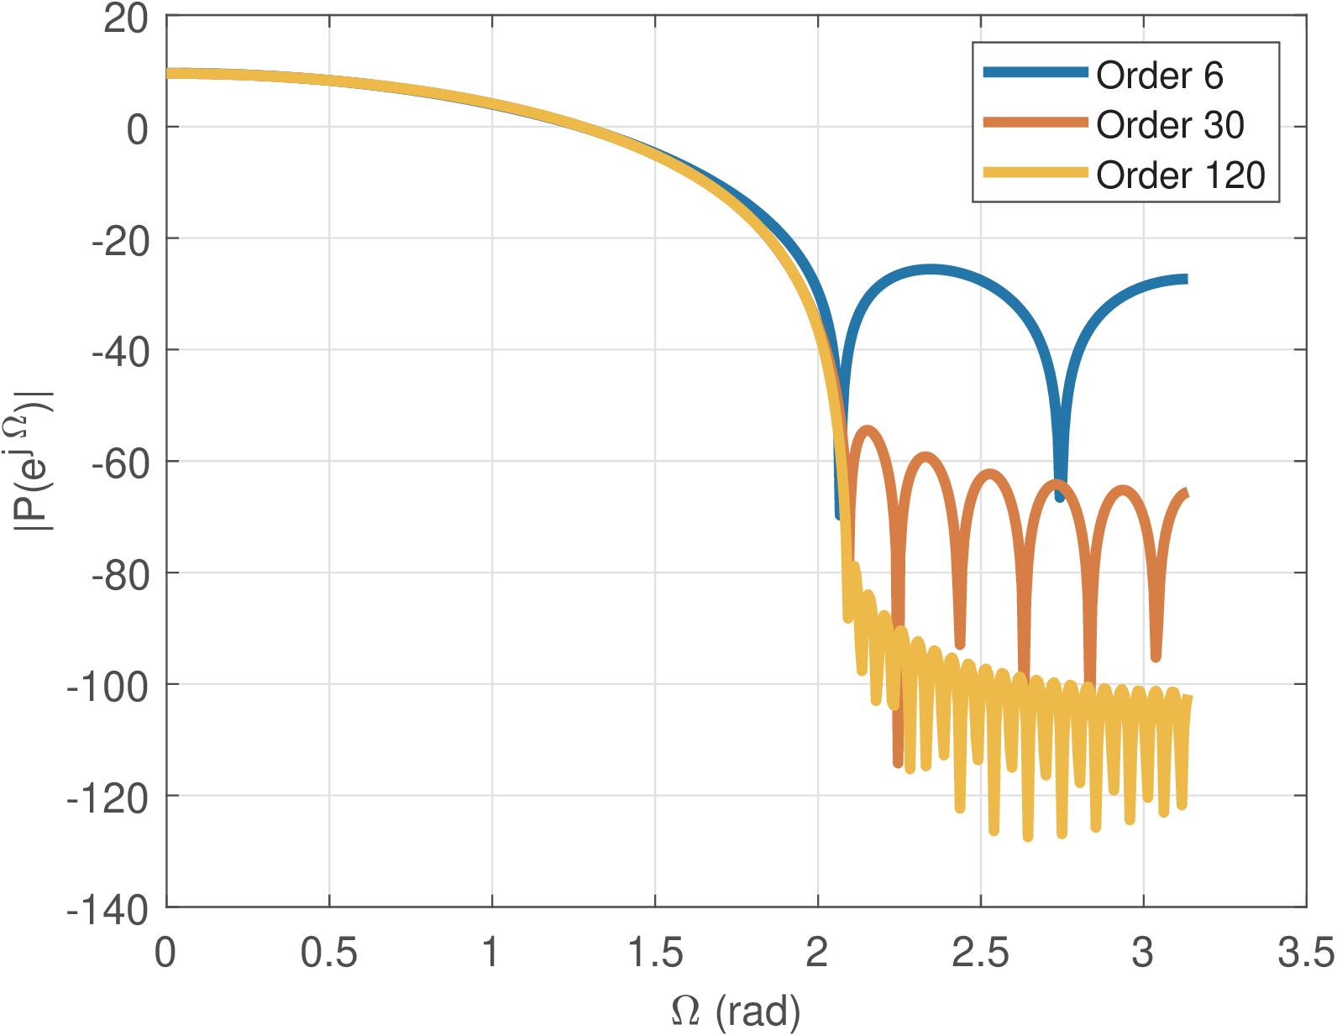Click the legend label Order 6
pyautogui.click(x=1159, y=76)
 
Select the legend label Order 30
pyautogui.click(x=1170, y=125)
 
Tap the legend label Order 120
pyautogui.click(x=1180, y=175)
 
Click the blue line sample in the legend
pyautogui.click(x=1036, y=73)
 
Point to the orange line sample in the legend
pyautogui.click(x=1036, y=123)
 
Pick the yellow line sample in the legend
pyautogui.click(x=1036, y=173)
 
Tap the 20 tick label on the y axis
pyautogui.click(x=126, y=18)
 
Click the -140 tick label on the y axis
pyautogui.click(x=108, y=910)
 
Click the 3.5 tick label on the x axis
pyautogui.click(x=1305, y=954)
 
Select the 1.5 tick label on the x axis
pyautogui.click(x=655, y=954)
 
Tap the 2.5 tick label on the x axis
pyautogui.click(x=980, y=954)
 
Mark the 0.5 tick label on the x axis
pyautogui.click(x=329, y=954)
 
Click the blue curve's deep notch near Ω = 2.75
pyautogui.click(x=1060, y=497)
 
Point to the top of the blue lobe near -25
pyautogui.click(x=931, y=269)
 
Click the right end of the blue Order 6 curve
pyautogui.click(x=1185, y=280)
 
